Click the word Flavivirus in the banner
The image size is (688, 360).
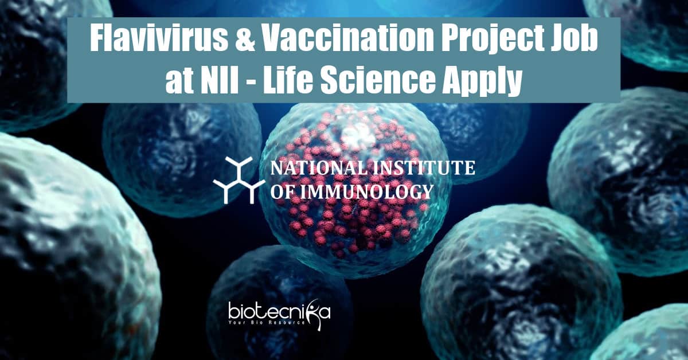pyautogui.click(x=158, y=40)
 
